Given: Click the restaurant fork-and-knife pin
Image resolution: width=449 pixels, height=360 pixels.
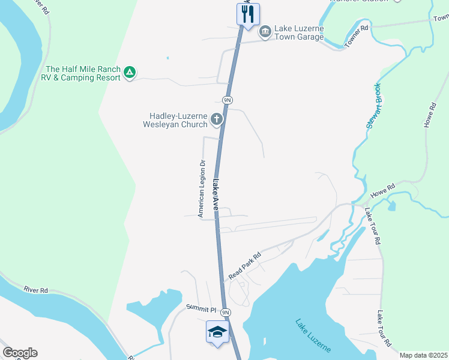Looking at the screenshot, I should (248, 14).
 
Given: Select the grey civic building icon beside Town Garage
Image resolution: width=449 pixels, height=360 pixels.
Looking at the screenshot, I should (265, 31).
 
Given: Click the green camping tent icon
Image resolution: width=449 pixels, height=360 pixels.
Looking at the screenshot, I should (129, 73).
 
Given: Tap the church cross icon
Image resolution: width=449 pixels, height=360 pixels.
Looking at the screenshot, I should (217, 120).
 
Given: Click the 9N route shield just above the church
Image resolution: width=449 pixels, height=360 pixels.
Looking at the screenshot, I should (226, 100).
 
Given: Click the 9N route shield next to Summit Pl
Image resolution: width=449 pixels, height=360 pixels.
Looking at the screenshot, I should (225, 313).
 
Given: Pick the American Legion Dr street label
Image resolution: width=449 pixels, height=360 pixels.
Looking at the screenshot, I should (202, 188).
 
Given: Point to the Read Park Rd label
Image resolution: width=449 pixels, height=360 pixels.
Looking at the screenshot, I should (245, 266).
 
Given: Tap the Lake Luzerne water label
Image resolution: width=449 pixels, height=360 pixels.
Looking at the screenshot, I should (317, 338).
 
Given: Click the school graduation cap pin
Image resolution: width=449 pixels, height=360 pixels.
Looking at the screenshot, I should (217, 332).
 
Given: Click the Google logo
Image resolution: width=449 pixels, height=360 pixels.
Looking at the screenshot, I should (20, 353).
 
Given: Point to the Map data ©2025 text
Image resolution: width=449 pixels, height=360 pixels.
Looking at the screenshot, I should (423, 355).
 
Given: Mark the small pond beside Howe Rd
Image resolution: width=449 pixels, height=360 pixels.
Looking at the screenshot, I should (392, 206).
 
